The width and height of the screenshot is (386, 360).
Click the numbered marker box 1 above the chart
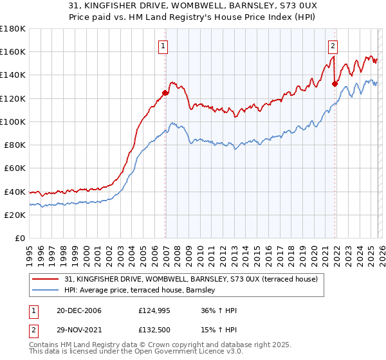pos(163,46)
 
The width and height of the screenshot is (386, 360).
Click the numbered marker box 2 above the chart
pos(333,46)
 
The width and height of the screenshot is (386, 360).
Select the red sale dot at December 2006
pos(165,93)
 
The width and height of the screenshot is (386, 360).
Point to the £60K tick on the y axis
pos(15,168)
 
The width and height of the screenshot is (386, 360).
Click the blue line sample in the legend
pos(46,291)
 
